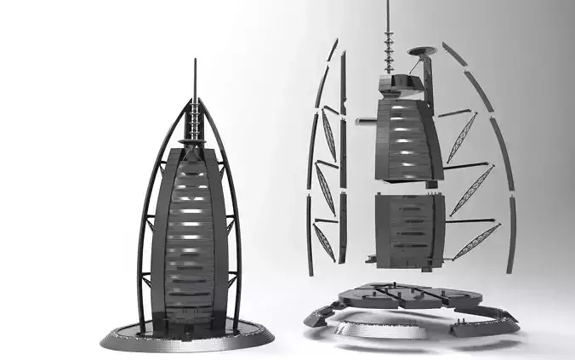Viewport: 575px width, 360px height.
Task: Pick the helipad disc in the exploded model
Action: click(424, 50)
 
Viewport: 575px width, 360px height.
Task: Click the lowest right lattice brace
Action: click(477, 241)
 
